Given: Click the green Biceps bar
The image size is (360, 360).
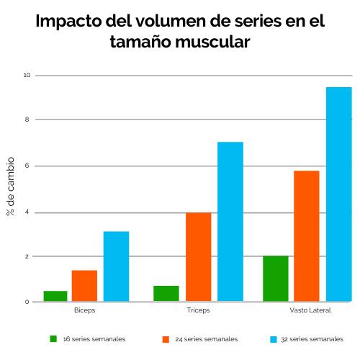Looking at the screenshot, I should click(x=55, y=296).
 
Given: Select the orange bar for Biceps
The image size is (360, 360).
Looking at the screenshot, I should click(x=84, y=286).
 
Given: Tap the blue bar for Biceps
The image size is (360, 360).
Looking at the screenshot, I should click(x=116, y=266).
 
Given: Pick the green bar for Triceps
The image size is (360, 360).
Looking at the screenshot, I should click(x=166, y=294).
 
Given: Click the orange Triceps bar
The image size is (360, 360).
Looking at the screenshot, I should click(x=198, y=256).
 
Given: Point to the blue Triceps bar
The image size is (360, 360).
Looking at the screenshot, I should click(x=230, y=221).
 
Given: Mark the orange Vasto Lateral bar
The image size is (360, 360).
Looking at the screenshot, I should click(x=306, y=235).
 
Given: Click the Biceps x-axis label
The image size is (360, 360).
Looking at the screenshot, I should click(x=84, y=310).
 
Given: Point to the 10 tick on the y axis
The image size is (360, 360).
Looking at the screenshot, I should click(x=27, y=75).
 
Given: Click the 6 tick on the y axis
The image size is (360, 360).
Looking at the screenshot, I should click(x=27, y=166).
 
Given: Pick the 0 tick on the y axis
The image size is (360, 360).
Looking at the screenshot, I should click(x=27, y=302).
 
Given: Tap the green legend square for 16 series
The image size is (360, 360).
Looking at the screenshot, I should click(x=53, y=338).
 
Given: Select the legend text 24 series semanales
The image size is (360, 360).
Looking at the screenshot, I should click(x=206, y=338).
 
